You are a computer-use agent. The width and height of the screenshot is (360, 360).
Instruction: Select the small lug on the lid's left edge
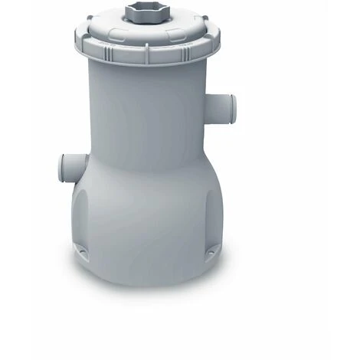tap(77, 38)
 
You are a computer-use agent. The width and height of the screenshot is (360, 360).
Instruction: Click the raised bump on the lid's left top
tap(103, 23)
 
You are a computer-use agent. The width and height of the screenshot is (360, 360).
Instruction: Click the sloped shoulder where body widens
tap(146, 165)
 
